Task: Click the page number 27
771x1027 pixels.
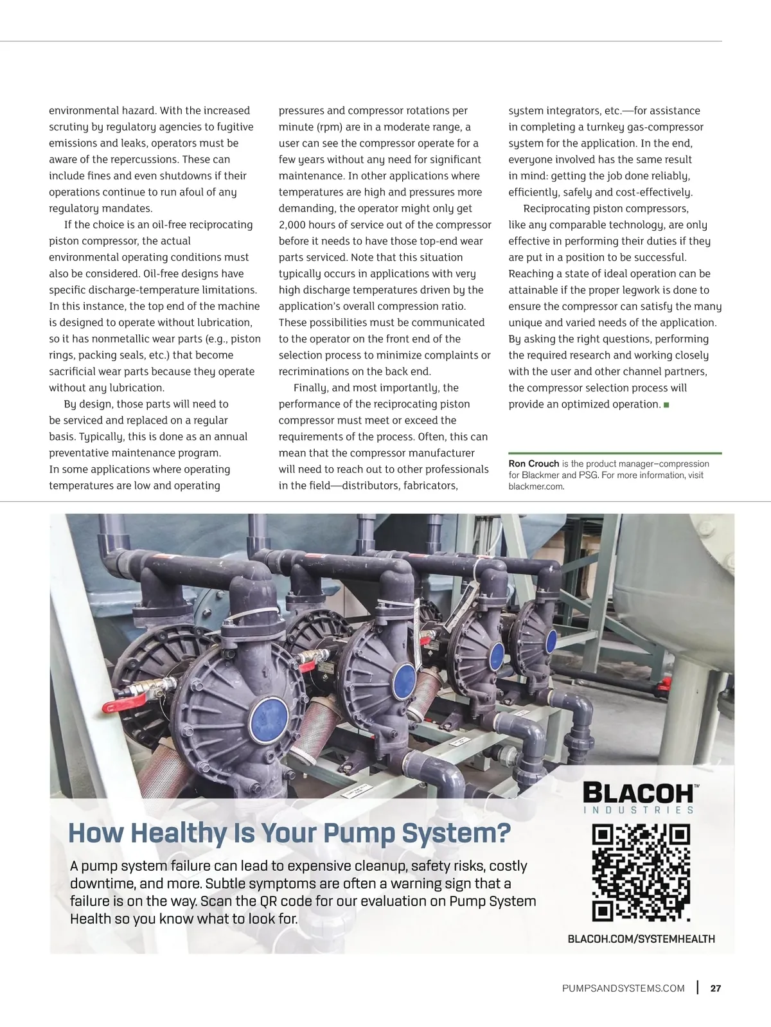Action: pos(716,988)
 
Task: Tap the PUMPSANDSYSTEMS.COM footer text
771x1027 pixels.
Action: pos(623,988)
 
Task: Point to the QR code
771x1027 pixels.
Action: pos(641,873)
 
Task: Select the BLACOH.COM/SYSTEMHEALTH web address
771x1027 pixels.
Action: pos(641,939)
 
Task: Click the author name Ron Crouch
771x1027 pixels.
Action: pos(533,463)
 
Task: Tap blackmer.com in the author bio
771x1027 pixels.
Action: pos(536,487)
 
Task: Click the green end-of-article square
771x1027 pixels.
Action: pos(666,405)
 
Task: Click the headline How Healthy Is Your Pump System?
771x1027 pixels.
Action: pos(289,833)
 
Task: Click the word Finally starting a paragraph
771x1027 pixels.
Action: pos(311,388)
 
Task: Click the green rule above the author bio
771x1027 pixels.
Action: pos(615,453)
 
